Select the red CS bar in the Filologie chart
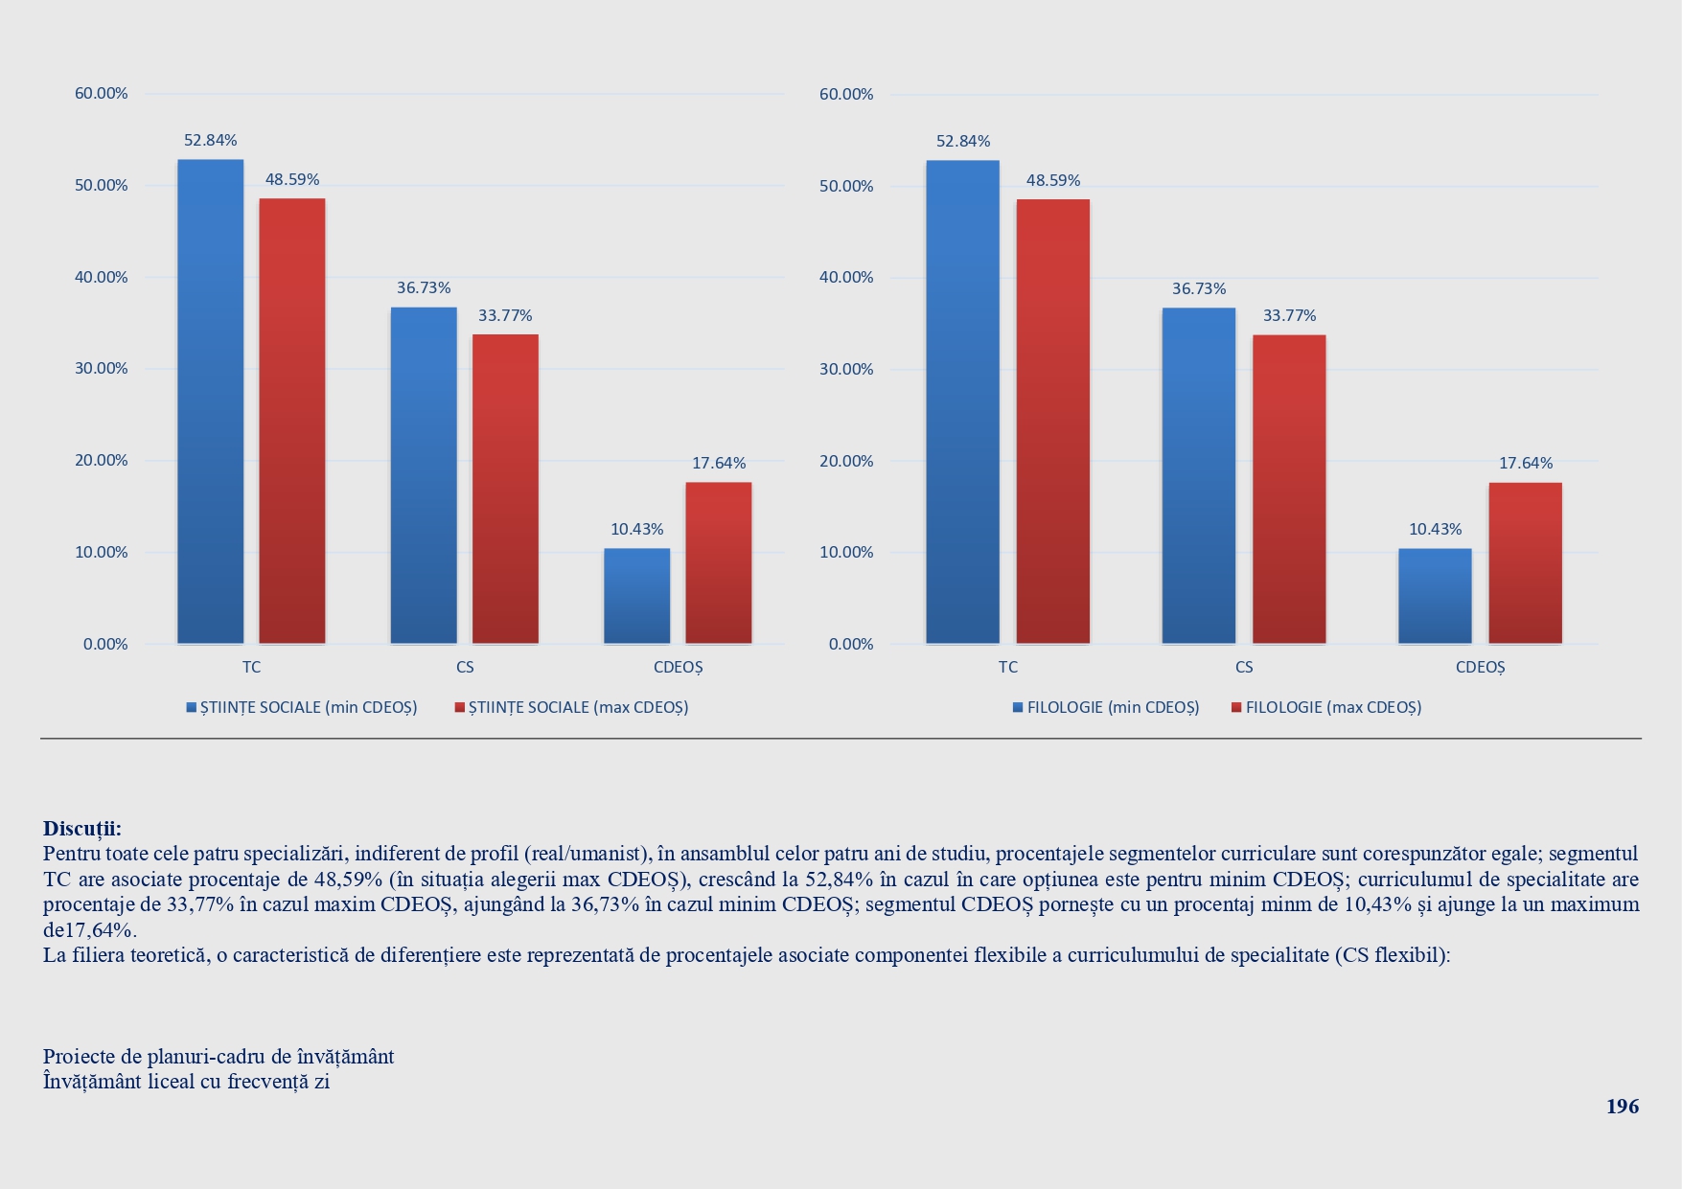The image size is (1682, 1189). tap(1289, 489)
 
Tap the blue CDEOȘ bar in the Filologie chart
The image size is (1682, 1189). tap(1435, 595)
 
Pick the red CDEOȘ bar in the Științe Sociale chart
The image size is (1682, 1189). tap(719, 562)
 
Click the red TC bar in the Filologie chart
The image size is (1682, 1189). tap(1052, 421)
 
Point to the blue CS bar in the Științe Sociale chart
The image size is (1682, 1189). tap(424, 474)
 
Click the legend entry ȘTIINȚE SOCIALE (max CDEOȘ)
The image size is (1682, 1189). tap(572, 708)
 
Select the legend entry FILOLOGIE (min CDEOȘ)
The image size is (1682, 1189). tap(1106, 708)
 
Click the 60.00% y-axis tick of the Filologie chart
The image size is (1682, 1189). tap(846, 94)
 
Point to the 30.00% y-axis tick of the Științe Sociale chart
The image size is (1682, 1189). tap(102, 369)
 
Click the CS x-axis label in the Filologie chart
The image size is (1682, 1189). tap(1244, 667)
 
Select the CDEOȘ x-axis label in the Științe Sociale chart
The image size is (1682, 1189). tap(679, 667)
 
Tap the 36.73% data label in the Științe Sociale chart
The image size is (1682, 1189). tap(424, 287)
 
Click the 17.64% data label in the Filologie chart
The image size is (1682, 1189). tap(1526, 464)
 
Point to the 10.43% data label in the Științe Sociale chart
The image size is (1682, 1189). tap(637, 529)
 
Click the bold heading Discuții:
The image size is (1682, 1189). tap(82, 829)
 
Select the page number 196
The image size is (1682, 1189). tap(1623, 1107)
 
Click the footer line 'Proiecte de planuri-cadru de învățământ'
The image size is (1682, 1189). tap(219, 1057)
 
